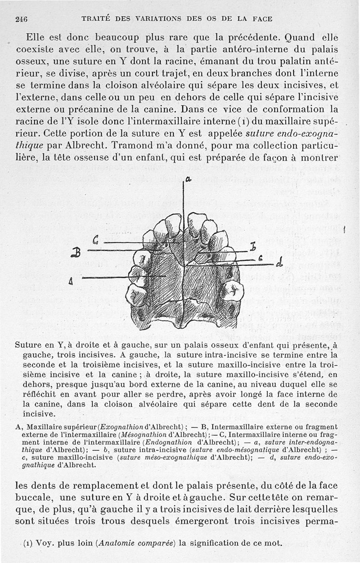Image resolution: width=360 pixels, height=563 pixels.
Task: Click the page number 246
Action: click(x=21, y=19)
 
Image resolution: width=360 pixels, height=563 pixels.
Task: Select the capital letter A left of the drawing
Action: click(x=71, y=282)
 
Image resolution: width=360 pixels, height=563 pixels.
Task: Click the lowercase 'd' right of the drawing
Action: click(x=279, y=262)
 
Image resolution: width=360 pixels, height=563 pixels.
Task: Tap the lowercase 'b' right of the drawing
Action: click(x=253, y=247)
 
